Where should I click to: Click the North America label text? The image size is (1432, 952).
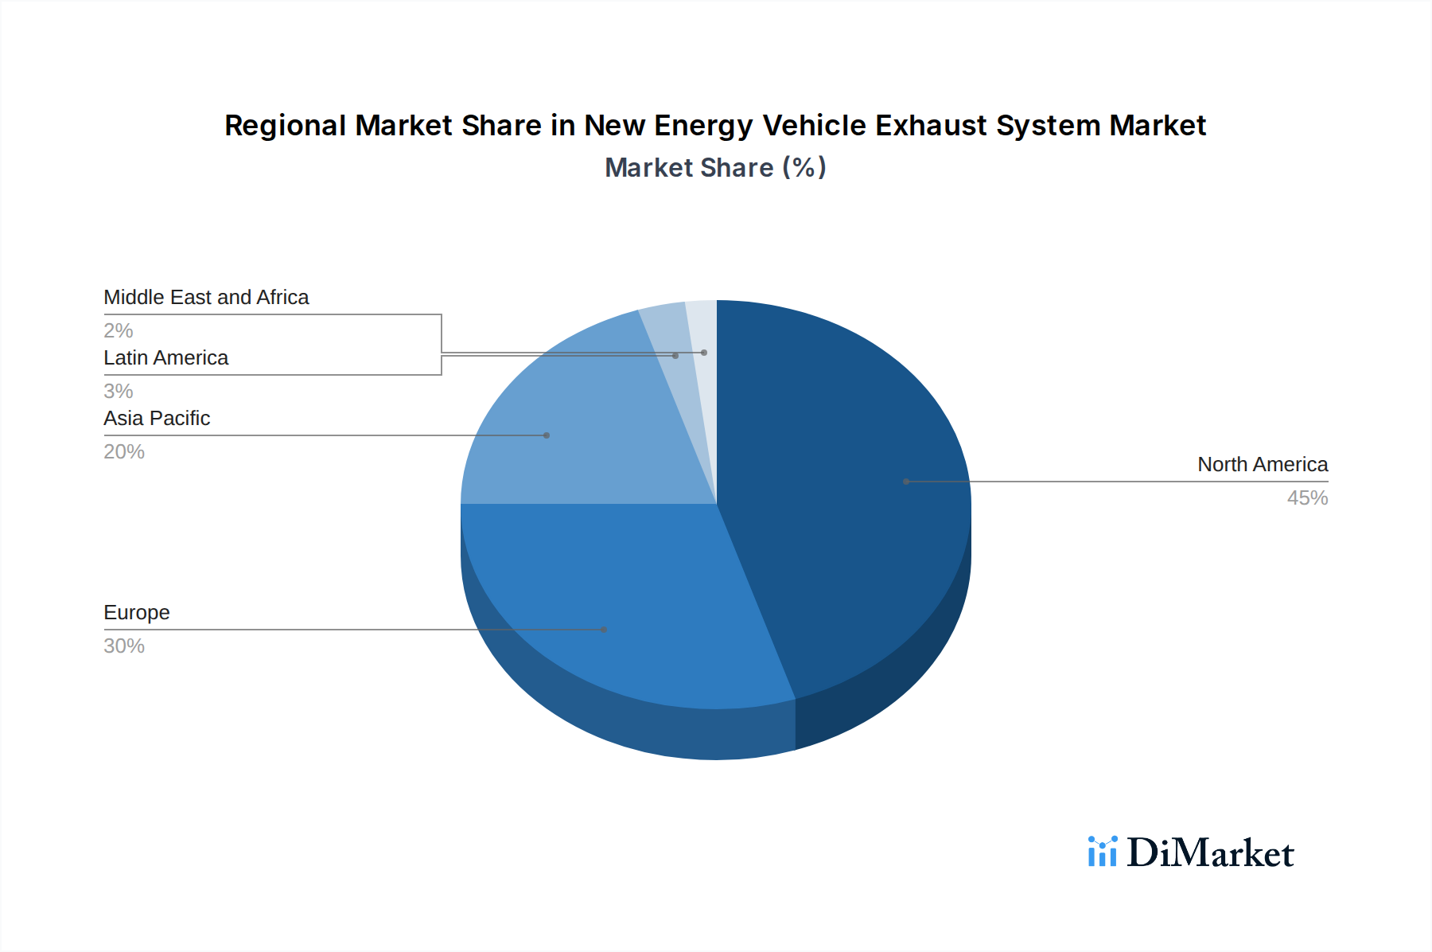tap(1263, 464)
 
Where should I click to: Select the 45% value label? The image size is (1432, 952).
tap(1307, 498)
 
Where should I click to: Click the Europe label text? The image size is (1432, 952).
tap(137, 612)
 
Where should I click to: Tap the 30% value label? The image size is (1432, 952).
tap(124, 646)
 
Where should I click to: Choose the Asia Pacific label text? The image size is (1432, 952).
tap(157, 418)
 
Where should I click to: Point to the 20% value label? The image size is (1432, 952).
tap(124, 451)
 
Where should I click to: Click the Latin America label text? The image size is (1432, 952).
tap(165, 357)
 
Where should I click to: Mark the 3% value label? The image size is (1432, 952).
tap(119, 391)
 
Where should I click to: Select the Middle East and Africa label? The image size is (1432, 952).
tap(206, 297)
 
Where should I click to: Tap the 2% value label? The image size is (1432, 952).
tap(119, 330)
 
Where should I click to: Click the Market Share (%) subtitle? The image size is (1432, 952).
tap(715, 168)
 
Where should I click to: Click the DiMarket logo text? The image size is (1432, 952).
tap(1210, 853)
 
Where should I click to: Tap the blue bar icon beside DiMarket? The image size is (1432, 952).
tap(1102, 852)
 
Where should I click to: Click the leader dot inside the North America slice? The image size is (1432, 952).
tap(906, 482)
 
